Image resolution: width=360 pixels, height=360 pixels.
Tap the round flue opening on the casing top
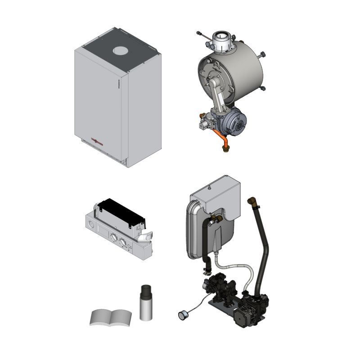[120, 51]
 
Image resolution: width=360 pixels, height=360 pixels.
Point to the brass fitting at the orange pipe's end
[225, 148]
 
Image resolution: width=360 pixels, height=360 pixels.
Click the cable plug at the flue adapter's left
[200, 34]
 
